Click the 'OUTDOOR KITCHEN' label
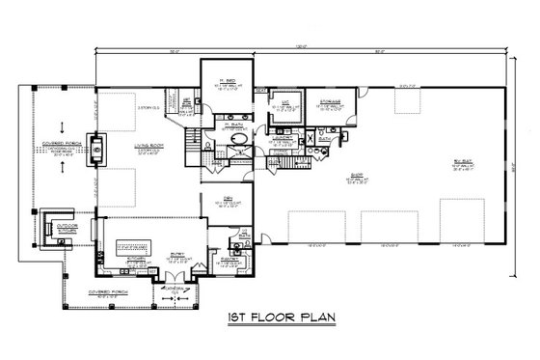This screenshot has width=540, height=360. click(65, 229)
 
